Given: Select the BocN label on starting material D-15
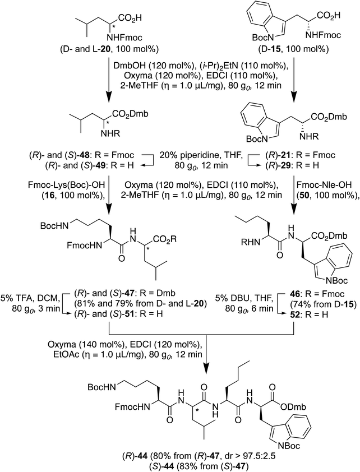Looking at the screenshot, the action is coord(264,38).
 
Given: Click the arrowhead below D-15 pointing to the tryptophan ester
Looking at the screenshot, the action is coord(294,96).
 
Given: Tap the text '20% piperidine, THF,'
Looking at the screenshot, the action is coord(201,155).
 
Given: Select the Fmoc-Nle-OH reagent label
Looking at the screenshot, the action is coord(329,184).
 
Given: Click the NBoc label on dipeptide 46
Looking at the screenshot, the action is coord(336,280).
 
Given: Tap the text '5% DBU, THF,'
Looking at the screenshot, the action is coord(244,299).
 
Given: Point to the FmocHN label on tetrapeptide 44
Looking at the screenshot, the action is coord(132,408).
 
